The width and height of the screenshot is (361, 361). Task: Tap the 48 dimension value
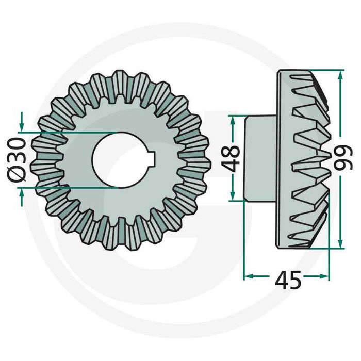tap(233, 158)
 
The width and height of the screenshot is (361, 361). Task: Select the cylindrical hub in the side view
tap(260, 158)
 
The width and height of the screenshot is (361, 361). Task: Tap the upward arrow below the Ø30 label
tap(21, 193)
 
